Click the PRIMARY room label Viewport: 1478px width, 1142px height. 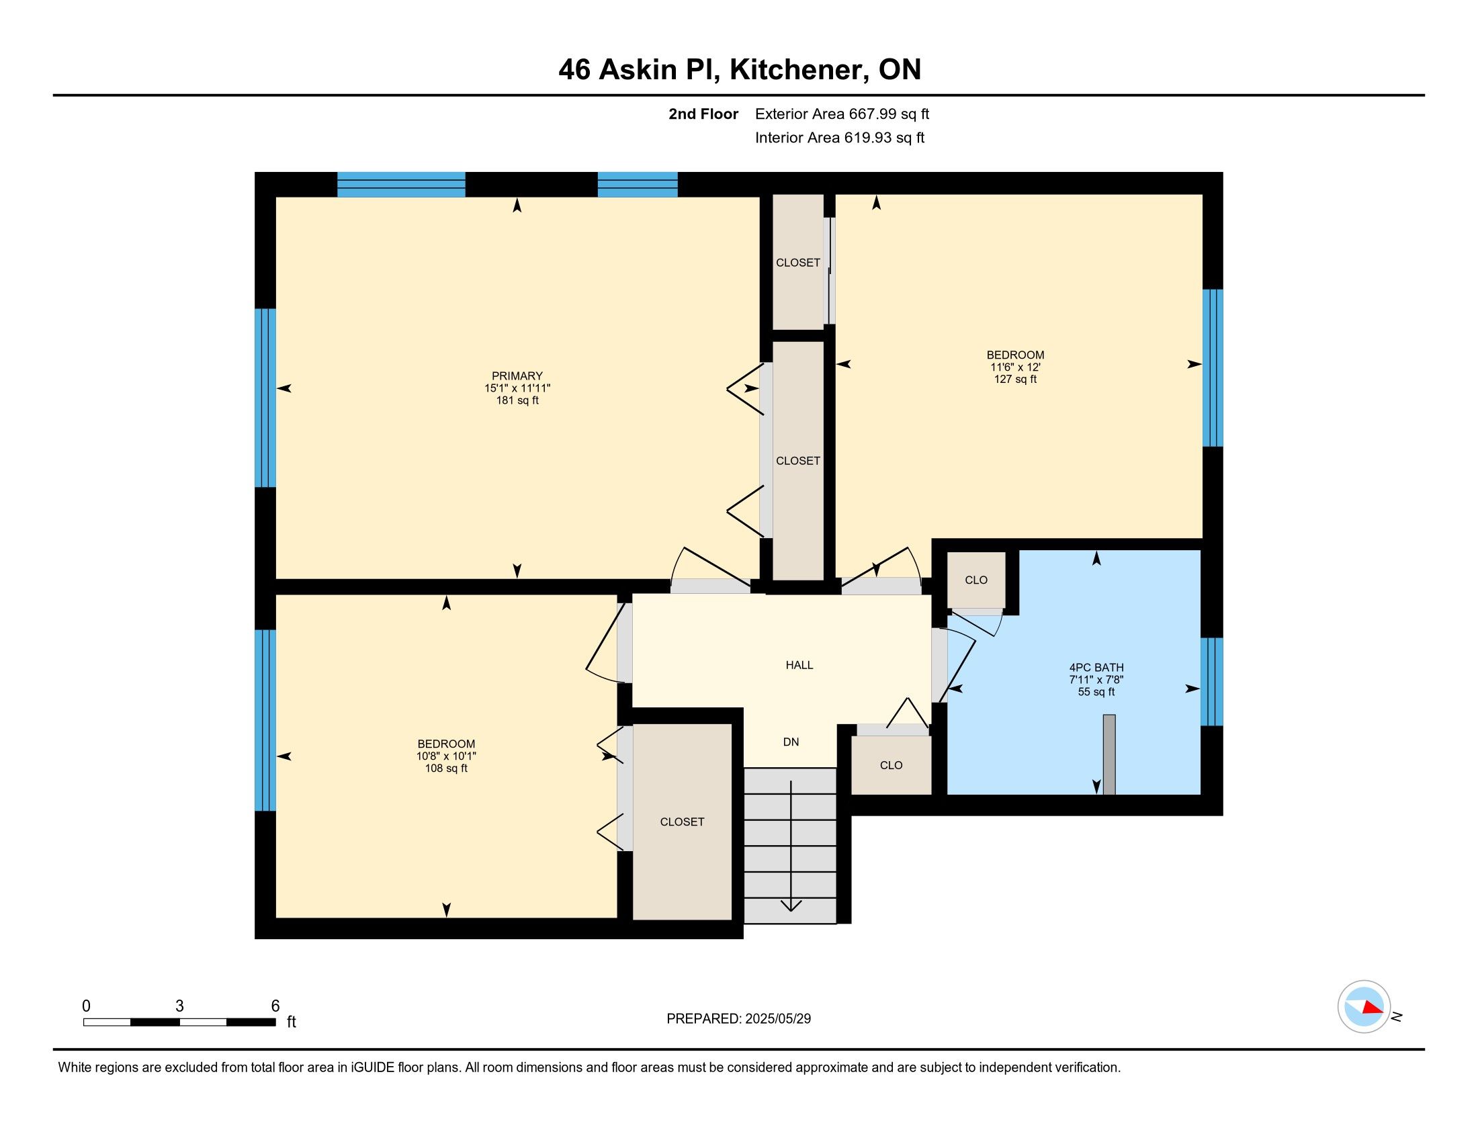click(x=517, y=376)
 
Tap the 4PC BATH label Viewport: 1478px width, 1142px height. click(x=1096, y=668)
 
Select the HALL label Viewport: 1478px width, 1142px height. click(x=799, y=665)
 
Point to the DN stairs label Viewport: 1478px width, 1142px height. click(x=791, y=742)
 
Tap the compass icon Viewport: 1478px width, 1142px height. click(x=1364, y=1006)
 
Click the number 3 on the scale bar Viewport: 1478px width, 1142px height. click(x=179, y=1006)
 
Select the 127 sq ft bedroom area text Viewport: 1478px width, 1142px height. click(x=1015, y=380)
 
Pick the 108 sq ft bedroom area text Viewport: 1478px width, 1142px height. click(x=446, y=768)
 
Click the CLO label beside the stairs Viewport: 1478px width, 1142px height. click(x=892, y=765)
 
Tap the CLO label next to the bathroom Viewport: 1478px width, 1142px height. click(x=976, y=580)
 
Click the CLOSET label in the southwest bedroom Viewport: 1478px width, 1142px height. click(x=682, y=822)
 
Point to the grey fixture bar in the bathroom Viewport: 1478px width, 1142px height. click(x=1109, y=754)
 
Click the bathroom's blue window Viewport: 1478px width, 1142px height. click(x=1211, y=681)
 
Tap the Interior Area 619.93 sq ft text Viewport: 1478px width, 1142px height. click(x=840, y=138)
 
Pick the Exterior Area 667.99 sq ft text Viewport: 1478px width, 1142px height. click(x=842, y=114)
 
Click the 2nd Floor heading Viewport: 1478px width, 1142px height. click(x=703, y=114)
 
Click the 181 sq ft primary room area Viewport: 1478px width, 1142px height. click(x=517, y=400)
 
